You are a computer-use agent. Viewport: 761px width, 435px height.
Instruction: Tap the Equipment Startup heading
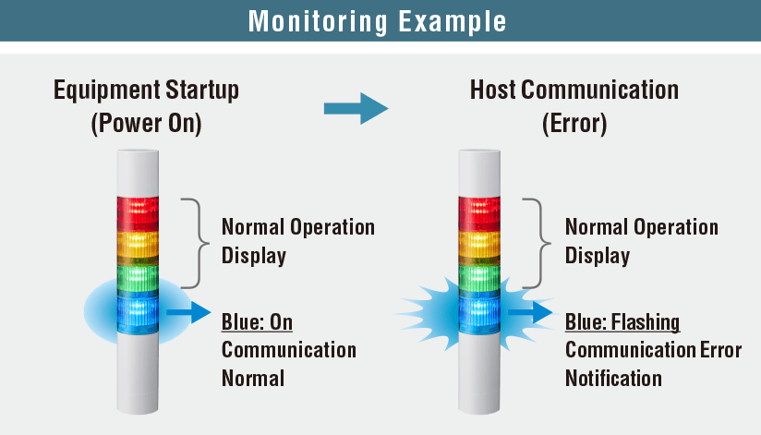coord(146,91)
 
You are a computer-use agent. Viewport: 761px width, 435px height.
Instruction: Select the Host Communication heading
coord(574,91)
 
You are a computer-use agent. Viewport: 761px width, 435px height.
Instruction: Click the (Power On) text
coord(146,124)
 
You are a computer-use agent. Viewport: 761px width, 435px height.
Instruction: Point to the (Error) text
coord(574,124)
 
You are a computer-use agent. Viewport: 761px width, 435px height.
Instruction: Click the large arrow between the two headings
coord(356,107)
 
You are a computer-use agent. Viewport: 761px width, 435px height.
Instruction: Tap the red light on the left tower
coord(138,212)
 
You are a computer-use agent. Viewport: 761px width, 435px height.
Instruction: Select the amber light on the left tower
coord(138,246)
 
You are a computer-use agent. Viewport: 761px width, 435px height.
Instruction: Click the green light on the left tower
coord(138,280)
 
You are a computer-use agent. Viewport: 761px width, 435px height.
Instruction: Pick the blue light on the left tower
coord(138,313)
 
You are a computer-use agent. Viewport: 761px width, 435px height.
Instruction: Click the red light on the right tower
coord(480,212)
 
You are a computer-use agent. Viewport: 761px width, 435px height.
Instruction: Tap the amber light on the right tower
coord(480,246)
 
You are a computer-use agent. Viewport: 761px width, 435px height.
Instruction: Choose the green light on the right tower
coord(480,280)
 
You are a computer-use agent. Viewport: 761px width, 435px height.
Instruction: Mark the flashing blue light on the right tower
coord(480,313)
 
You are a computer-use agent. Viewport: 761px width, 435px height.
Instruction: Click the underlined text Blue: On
coord(257,322)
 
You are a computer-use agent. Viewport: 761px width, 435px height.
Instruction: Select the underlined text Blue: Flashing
coord(622,322)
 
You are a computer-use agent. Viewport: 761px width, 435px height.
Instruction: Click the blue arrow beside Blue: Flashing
coord(531,314)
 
